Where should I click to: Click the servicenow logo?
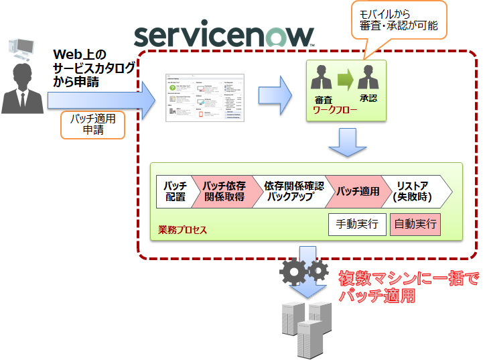click(224, 34)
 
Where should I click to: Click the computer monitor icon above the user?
click(21, 49)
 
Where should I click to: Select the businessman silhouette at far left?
click(22, 88)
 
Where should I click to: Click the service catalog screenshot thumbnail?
click(205, 98)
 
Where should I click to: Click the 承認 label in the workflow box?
click(368, 99)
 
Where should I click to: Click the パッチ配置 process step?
click(174, 192)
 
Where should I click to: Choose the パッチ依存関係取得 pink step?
click(224, 192)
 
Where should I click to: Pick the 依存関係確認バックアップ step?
click(293, 192)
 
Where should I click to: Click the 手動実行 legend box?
click(357, 224)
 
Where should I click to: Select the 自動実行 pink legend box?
click(415, 224)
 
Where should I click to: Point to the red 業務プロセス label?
click(182, 230)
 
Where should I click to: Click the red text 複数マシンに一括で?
click(408, 278)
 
